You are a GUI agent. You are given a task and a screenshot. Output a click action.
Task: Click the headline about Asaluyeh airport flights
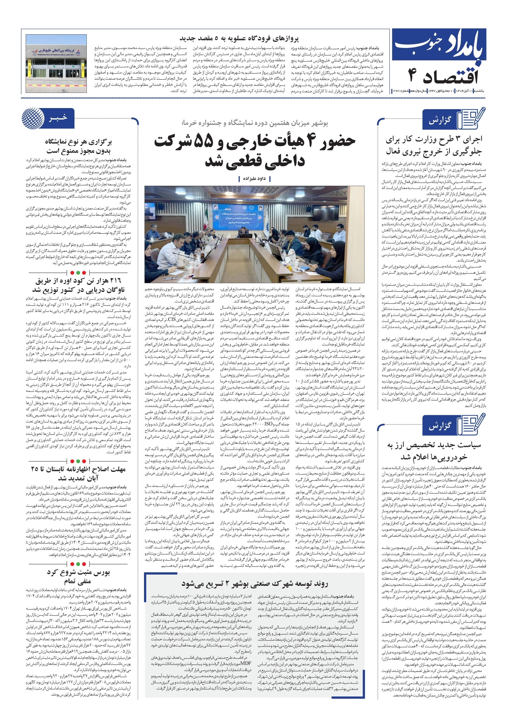[x=239, y=39]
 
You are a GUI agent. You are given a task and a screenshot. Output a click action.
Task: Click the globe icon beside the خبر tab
[x=33, y=118]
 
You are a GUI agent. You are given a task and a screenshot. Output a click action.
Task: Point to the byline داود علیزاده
[x=254, y=179]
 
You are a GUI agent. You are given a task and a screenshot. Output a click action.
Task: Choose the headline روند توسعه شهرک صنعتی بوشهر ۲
[x=255, y=584]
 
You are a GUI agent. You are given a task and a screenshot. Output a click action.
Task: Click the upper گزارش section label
[x=440, y=121]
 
